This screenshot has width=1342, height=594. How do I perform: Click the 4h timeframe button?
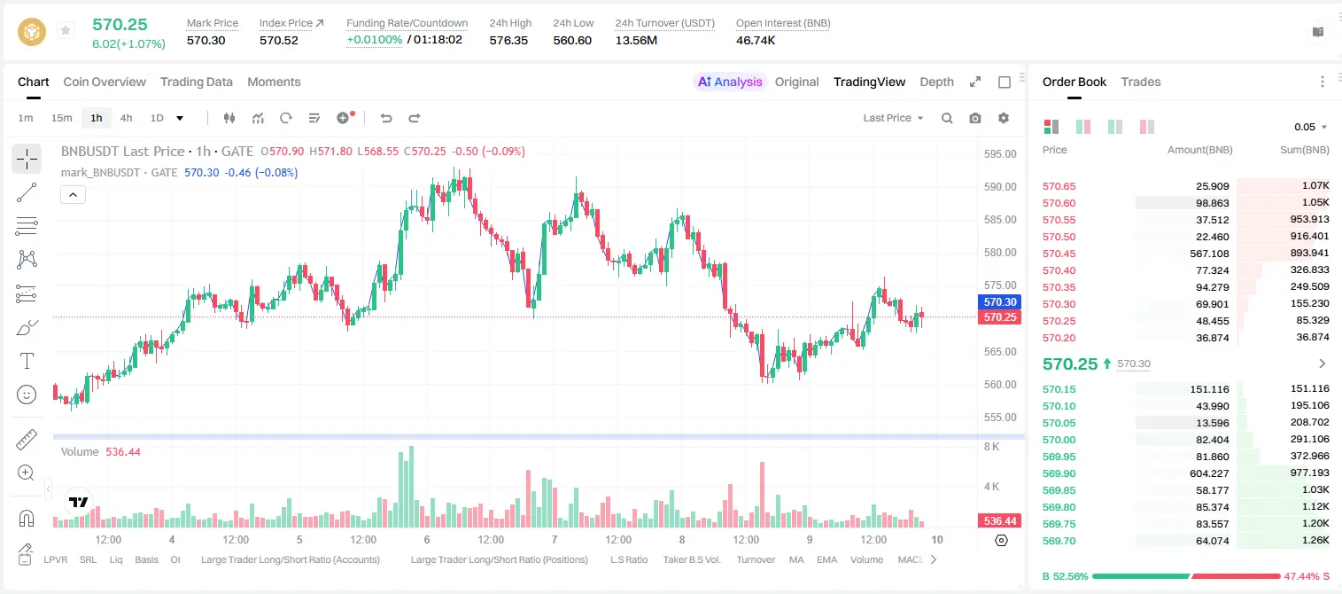tap(126, 118)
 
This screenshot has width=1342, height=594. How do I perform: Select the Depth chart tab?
tap(936, 82)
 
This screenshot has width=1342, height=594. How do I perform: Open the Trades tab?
tap(1141, 82)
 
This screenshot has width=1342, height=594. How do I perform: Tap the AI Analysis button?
tap(730, 82)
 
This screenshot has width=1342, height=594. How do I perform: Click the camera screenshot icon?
tap(975, 118)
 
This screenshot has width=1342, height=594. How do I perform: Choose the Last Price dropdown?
tap(893, 118)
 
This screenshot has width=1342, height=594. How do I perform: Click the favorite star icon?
tap(66, 30)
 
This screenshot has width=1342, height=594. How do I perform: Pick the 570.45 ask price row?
tap(1059, 254)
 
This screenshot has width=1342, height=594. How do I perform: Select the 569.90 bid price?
tap(1059, 473)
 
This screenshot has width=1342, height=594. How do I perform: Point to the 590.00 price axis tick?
tap(1000, 186)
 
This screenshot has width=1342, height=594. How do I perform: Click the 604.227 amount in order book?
tap(1209, 473)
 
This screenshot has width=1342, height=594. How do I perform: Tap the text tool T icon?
tap(27, 361)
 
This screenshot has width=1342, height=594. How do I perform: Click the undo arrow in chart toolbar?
tap(386, 118)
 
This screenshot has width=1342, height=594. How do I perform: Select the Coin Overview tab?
tap(105, 82)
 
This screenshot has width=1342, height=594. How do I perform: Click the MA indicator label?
tap(796, 559)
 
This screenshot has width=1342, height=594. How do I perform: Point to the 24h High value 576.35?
tap(508, 40)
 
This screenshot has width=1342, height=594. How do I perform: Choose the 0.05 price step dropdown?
tap(1310, 127)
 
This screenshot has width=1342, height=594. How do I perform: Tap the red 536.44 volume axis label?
tap(999, 521)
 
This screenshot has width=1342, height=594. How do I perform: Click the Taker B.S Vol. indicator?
tap(691, 559)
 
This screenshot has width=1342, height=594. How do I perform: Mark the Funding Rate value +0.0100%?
tap(375, 40)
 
